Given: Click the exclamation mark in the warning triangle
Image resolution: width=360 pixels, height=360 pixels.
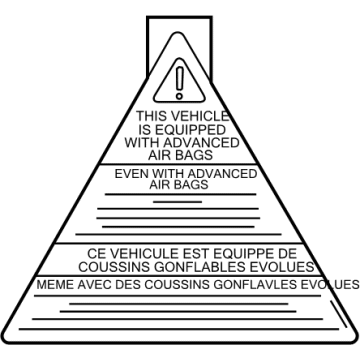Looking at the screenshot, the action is (180, 78).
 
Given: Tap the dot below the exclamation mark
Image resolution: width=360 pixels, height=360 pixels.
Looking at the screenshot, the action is (179, 96).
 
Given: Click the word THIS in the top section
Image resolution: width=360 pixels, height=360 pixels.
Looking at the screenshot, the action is (151, 116).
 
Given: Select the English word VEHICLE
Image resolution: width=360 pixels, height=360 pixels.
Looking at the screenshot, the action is (200, 116).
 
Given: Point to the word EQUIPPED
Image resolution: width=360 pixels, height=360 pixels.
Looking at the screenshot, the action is (190, 129).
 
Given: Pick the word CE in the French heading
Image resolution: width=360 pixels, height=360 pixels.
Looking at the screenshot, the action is (95, 254).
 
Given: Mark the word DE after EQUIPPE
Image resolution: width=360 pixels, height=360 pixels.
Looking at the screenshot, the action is (286, 254).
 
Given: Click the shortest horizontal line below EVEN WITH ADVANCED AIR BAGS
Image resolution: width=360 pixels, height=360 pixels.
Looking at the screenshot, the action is (178, 202).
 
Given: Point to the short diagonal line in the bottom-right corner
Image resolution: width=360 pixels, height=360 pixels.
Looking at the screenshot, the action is (339, 314).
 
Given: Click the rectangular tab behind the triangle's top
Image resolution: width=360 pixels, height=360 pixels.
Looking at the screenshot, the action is (179, 17).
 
